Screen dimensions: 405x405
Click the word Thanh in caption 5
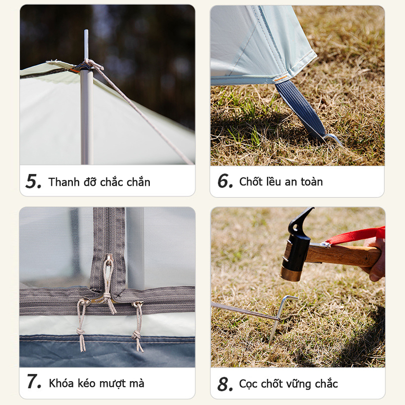(64, 182)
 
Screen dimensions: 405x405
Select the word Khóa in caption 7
(62, 383)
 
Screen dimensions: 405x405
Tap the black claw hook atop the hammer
(301, 220)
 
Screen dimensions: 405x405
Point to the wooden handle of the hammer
(343, 256)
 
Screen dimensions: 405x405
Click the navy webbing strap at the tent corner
(299, 108)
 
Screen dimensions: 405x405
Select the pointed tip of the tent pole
(86, 31)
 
